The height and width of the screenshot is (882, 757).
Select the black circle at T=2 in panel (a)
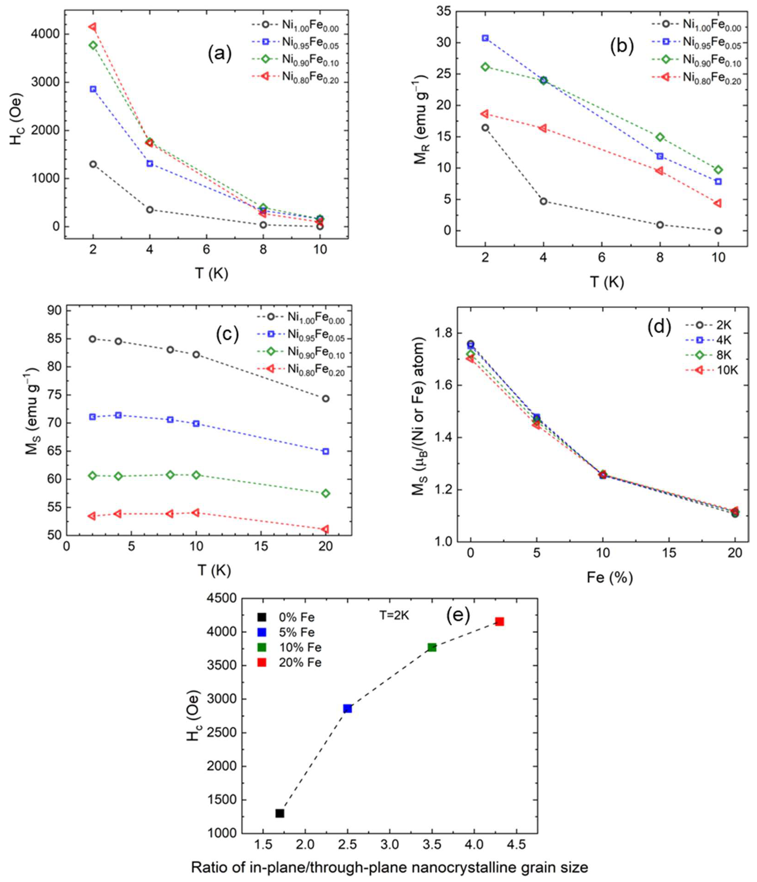[93, 164]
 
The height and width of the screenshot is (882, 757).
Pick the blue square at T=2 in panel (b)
[485, 38]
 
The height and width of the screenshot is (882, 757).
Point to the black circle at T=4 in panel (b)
[543, 201]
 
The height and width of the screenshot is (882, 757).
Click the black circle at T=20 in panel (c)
[325, 398]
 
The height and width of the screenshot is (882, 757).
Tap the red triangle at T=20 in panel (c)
[325, 529]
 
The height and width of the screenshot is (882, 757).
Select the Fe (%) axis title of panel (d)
[610, 578]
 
